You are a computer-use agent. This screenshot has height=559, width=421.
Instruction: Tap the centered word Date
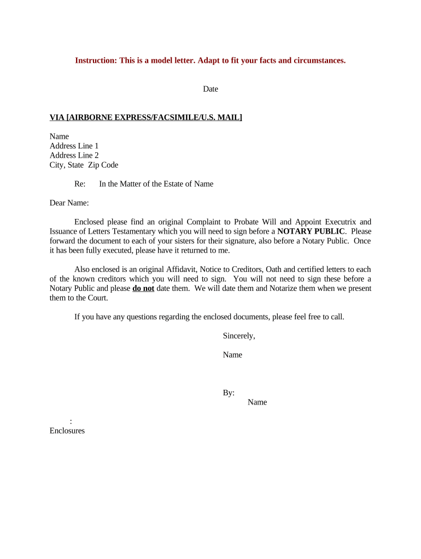coord(210,89)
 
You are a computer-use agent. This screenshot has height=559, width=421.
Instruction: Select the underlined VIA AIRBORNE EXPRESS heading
coord(146,117)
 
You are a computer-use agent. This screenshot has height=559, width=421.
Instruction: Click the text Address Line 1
coord(74,146)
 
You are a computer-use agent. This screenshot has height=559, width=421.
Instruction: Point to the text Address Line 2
coord(74,156)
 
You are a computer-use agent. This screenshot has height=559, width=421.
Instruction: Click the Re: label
coord(80,184)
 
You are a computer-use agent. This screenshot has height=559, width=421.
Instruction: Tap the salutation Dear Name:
coord(69,203)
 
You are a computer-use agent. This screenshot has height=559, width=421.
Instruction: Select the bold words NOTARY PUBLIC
coord(311,231)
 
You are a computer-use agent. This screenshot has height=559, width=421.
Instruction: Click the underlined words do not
coord(143,288)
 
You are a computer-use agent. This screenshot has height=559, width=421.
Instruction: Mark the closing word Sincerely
coord(239,336)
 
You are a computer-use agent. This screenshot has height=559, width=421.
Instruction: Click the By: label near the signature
coord(229,393)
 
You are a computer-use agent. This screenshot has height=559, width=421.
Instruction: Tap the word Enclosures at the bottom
coord(67,431)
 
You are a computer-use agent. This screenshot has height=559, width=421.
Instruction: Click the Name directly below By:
coord(257,402)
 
